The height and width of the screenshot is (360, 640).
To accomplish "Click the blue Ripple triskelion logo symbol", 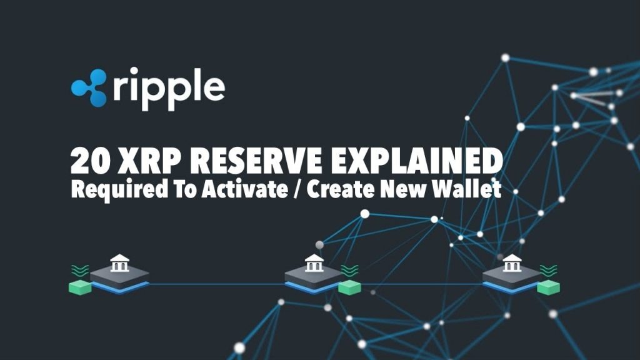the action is pyautogui.click(x=89, y=87).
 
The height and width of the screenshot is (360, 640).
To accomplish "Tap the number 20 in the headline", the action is pyautogui.click(x=90, y=161).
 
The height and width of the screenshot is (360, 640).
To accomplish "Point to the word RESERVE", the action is pyautogui.click(x=256, y=161).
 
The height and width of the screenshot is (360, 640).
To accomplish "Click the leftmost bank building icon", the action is pyautogui.click(x=119, y=263).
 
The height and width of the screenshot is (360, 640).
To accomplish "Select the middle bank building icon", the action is pyautogui.click(x=314, y=263).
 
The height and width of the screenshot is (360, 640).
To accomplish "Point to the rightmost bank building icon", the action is pyautogui.click(x=512, y=263).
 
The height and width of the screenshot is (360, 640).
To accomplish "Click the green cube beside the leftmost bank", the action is pyautogui.click(x=80, y=287).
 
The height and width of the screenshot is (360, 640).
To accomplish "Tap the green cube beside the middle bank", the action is pyautogui.click(x=350, y=287).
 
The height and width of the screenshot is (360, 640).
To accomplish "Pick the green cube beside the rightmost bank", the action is pyautogui.click(x=548, y=287).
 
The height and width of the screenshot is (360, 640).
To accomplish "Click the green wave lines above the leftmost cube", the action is pyautogui.click(x=80, y=270).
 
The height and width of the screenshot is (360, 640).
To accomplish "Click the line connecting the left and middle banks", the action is pyautogui.click(x=217, y=284).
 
